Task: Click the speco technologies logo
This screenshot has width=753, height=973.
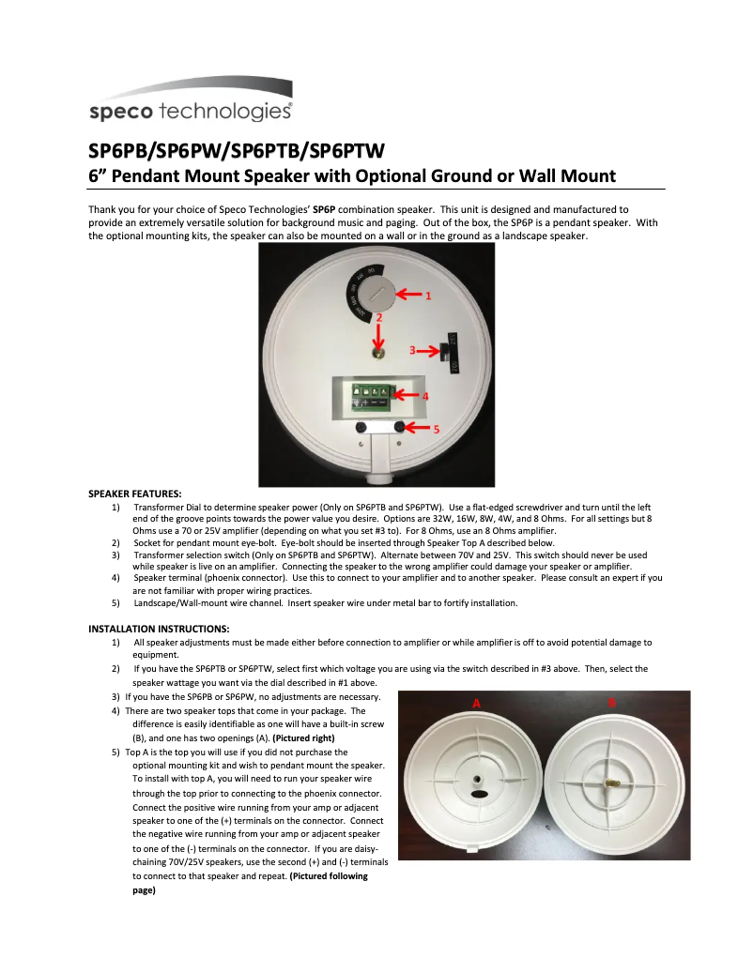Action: click(x=190, y=111)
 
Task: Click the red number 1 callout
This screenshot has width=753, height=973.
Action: click(x=428, y=296)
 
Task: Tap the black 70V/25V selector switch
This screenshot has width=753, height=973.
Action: click(x=446, y=352)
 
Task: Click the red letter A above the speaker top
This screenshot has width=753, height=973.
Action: click(x=476, y=702)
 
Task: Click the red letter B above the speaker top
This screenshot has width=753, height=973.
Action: click(x=612, y=702)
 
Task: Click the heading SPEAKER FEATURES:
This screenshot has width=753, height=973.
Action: click(x=135, y=493)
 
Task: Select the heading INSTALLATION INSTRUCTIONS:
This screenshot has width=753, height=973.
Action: click(x=159, y=628)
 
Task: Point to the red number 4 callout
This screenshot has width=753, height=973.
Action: click(x=425, y=397)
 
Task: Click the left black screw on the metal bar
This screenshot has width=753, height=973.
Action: click(x=361, y=428)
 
